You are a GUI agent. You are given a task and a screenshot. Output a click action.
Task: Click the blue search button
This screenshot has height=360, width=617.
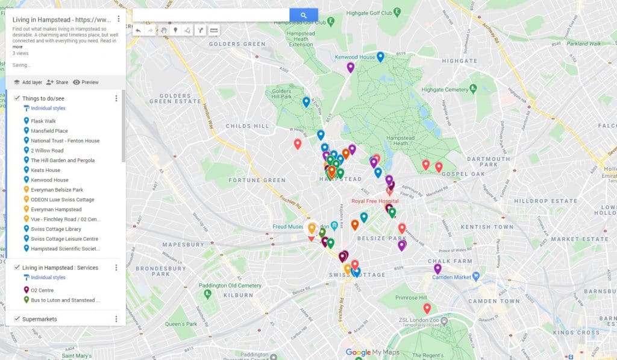point(303,15)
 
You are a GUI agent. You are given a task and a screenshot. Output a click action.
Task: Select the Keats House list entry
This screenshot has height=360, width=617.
point(45,170)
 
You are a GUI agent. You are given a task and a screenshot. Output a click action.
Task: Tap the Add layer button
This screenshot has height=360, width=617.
point(28,82)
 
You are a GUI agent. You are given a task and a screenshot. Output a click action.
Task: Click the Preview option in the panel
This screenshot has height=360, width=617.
point(86,82)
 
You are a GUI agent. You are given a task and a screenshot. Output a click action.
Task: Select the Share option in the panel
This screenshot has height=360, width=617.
point(57,82)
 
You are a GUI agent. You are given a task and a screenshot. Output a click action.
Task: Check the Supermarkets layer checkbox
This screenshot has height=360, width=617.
point(17,318)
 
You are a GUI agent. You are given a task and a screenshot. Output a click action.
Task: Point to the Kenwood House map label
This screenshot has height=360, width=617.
point(355,57)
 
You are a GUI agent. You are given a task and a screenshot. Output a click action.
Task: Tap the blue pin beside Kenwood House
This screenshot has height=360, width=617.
point(380,57)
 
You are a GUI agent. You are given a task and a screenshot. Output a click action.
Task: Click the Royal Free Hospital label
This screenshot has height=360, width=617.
point(376,200)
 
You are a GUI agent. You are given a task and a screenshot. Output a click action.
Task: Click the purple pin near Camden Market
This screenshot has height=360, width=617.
point(437,268)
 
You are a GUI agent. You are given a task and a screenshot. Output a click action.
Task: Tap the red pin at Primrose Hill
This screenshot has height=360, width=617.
point(427,308)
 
